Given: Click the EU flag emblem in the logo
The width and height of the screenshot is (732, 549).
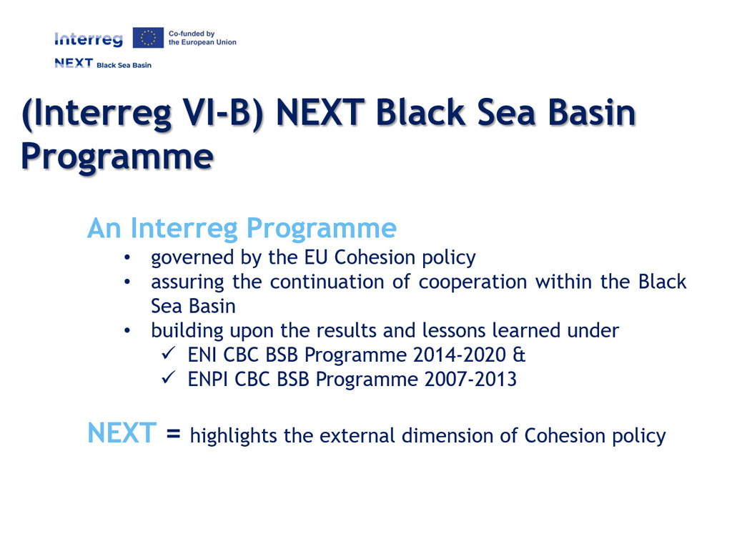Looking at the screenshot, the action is tap(148, 38).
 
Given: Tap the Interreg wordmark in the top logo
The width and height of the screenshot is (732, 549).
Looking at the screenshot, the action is tap(89, 39).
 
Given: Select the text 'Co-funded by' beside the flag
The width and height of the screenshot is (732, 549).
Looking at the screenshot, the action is tap(192, 34).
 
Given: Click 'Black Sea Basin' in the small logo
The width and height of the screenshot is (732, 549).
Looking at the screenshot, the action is tap(124, 65).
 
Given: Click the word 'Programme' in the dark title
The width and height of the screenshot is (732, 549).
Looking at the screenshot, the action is tap(117, 157).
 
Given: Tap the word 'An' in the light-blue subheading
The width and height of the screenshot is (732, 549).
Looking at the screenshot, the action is tap(104, 228).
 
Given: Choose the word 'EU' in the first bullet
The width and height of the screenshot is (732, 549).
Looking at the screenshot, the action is tap(317, 257).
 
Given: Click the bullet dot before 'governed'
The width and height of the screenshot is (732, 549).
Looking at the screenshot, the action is tap(127, 257).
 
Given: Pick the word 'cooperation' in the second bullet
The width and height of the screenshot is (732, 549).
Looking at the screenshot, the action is tap(473, 282).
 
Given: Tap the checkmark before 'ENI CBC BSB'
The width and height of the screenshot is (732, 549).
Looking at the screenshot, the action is tap(169, 353).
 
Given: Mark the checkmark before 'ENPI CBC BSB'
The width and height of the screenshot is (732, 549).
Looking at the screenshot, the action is tap(169, 377).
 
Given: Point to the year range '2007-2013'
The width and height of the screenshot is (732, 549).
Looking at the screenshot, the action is tap(470, 379).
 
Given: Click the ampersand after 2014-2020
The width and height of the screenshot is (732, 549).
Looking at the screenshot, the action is tap(519, 355).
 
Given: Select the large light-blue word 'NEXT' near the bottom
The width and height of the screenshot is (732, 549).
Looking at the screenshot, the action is tap(122, 432).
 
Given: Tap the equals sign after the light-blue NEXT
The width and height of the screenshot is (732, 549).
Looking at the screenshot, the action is tap(173, 435).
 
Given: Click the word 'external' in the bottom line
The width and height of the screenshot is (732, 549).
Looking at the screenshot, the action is tap(357, 435).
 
